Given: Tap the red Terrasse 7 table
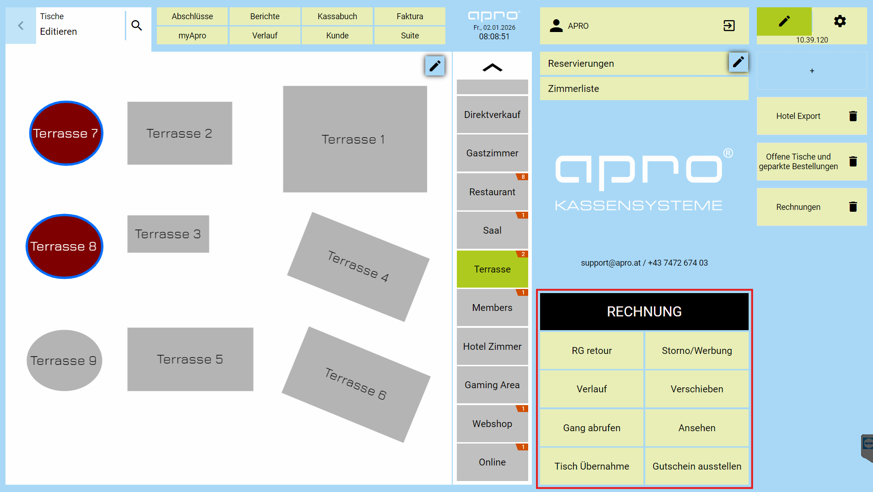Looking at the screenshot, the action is tap(66, 133).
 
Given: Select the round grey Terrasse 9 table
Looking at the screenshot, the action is tap(64, 360).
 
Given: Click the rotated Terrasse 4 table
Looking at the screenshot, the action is tap(358, 267).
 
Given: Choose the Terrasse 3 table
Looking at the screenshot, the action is tap(168, 234).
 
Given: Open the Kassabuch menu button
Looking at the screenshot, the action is tap(337, 16).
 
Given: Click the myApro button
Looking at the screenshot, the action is tap(192, 36).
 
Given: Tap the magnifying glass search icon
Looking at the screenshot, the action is tap(137, 26).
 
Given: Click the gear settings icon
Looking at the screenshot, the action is tap(840, 21).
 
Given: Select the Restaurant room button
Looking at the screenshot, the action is tap(492, 192).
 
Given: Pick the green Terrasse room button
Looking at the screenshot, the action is tap(492, 269).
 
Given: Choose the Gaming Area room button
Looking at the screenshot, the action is tap(492, 385).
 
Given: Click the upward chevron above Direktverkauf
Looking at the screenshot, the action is tap(492, 68).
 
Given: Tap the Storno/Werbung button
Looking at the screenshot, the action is tap(696, 351).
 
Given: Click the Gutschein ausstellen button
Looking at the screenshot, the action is tap(696, 466).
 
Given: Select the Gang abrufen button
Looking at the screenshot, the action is tap(592, 428).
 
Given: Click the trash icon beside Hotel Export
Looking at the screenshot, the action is tap(853, 116).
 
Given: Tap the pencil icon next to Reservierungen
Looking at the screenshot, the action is tap(738, 62).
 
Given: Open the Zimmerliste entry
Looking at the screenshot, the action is tap(644, 89).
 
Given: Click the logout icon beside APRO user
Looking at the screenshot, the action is tap(729, 26).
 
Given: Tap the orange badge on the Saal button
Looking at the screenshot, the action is tap(523, 215).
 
